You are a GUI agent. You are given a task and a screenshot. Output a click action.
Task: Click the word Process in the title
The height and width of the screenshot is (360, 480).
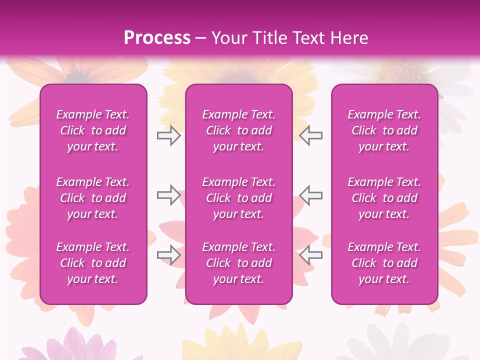pyautogui.click(x=157, y=38)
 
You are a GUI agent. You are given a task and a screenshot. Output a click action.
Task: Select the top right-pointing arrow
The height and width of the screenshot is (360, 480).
pyautogui.click(x=168, y=135)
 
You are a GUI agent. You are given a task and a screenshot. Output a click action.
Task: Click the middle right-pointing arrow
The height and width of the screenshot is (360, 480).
pyautogui.click(x=168, y=195)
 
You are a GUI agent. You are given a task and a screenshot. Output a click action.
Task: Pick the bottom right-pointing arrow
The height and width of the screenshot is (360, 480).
pyautogui.click(x=168, y=255)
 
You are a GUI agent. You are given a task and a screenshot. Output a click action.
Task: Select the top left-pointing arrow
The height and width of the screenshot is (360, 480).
pyautogui.click(x=311, y=135)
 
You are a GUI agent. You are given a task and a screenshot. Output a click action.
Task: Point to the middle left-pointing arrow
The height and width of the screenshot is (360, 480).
pyautogui.click(x=311, y=195)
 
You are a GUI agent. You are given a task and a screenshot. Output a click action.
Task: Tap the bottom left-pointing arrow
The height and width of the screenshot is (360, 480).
pyautogui.click(x=311, y=255)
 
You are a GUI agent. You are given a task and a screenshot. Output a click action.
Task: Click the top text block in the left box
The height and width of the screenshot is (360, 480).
pyautogui.click(x=93, y=130)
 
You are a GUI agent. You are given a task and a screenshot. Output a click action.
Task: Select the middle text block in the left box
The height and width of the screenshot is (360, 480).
pyautogui.click(x=93, y=198)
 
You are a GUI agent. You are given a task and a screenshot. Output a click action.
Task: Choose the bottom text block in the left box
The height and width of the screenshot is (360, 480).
pyautogui.click(x=93, y=263)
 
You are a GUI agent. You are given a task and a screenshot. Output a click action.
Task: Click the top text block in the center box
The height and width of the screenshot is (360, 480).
pyautogui.click(x=239, y=130)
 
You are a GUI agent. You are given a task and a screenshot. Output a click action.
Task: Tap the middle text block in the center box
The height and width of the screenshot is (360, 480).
pyautogui.click(x=239, y=198)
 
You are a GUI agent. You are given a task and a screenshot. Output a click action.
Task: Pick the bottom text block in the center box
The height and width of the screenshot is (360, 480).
pyautogui.click(x=239, y=263)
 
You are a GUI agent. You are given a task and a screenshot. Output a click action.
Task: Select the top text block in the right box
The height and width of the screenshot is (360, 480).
pyautogui.click(x=384, y=130)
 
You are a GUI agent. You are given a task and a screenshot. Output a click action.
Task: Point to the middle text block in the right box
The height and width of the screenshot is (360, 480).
pyautogui.click(x=384, y=198)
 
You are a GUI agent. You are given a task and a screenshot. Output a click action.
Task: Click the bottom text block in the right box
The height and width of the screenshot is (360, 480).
pyautogui.click(x=384, y=263)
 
